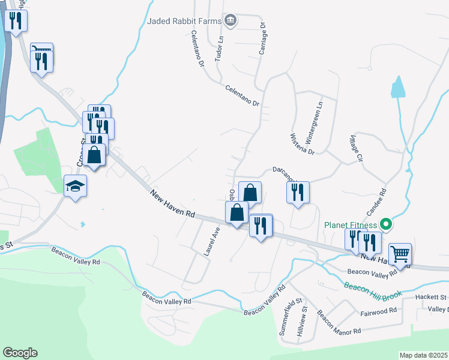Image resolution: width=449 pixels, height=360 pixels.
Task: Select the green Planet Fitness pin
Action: (x=387, y=226)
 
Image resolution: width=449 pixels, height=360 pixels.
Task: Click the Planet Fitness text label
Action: (x=351, y=226)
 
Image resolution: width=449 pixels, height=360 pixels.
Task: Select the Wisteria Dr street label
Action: (x=303, y=143)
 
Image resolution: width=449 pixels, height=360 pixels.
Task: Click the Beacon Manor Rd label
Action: (x=339, y=323)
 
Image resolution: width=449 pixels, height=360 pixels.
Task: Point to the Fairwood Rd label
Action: (x=379, y=311)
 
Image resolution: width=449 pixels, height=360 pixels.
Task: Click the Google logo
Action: (x=20, y=353)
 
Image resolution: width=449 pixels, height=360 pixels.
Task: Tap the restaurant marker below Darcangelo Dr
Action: (x=298, y=193)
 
